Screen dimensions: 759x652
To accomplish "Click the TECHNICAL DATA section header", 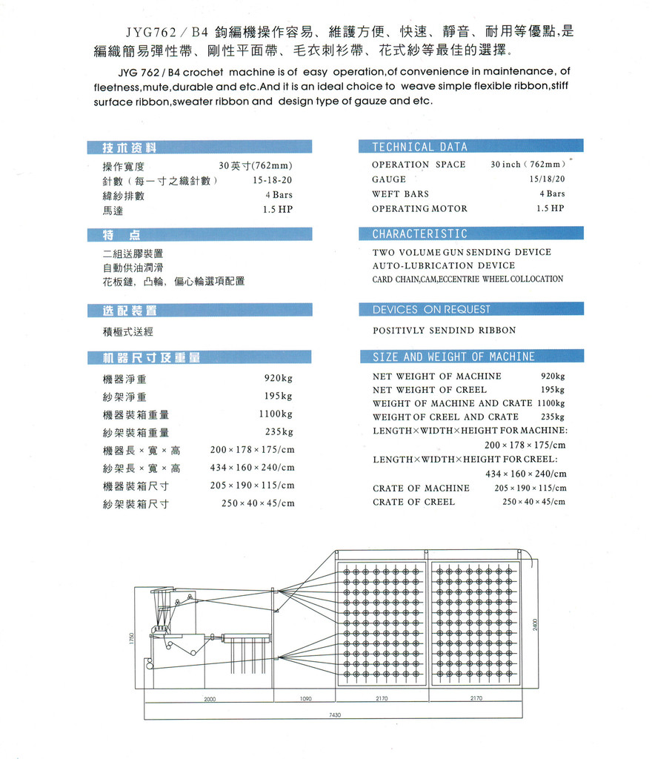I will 419,147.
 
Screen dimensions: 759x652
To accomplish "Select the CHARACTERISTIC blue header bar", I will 419,234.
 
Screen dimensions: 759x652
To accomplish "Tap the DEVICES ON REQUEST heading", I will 431,309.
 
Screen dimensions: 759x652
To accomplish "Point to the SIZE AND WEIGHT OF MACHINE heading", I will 453,357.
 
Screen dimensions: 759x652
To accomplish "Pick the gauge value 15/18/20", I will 547,179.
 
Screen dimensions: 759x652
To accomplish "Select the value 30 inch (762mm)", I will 528,165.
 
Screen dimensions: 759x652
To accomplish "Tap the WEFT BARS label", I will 400,194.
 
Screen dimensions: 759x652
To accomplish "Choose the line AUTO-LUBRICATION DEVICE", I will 443,265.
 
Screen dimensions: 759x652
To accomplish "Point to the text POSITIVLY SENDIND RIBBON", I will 444,331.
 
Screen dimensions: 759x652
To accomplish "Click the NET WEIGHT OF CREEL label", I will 429,390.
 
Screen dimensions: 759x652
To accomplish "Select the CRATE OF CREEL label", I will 413,502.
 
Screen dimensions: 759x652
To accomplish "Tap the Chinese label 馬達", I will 113,211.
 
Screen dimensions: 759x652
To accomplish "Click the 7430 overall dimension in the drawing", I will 335,715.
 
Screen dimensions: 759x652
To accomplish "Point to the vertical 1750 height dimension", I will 131,637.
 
